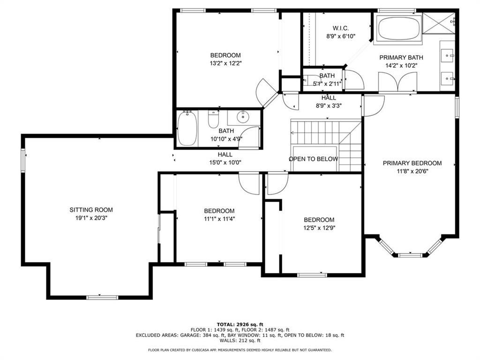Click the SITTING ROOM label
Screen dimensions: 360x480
tap(91, 210)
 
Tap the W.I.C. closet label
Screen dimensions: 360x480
tap(340, 28)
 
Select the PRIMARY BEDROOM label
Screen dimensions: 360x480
tap(412, 163)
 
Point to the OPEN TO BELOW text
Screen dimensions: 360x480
tap(313, 159)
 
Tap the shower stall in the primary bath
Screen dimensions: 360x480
tap(439, 23)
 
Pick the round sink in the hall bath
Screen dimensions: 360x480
tap(243, 117)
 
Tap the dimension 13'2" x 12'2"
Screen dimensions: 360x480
tap(225, 63)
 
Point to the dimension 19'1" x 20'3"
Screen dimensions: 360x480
tap(91, 218)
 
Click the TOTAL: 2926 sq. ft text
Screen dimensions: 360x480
tap(240, 324)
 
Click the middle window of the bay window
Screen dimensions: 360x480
tap(410, 255)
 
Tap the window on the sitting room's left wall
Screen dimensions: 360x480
tap(22, 160)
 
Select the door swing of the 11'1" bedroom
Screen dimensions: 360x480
tap(248, 183)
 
